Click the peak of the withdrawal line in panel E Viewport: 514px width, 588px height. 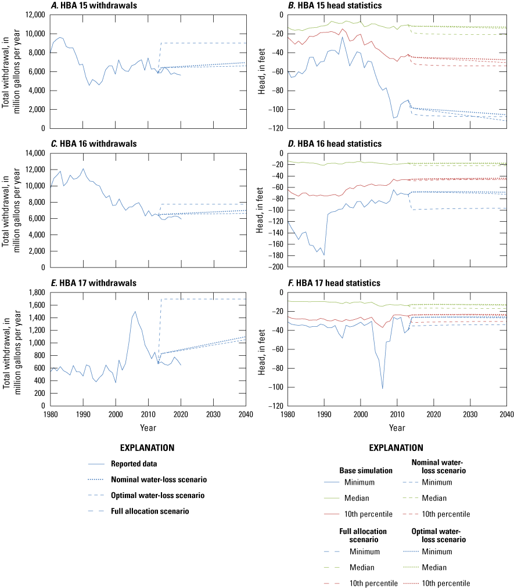(x=135, y=312)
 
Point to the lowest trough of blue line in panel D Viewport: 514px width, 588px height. (x=324, y=255)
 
